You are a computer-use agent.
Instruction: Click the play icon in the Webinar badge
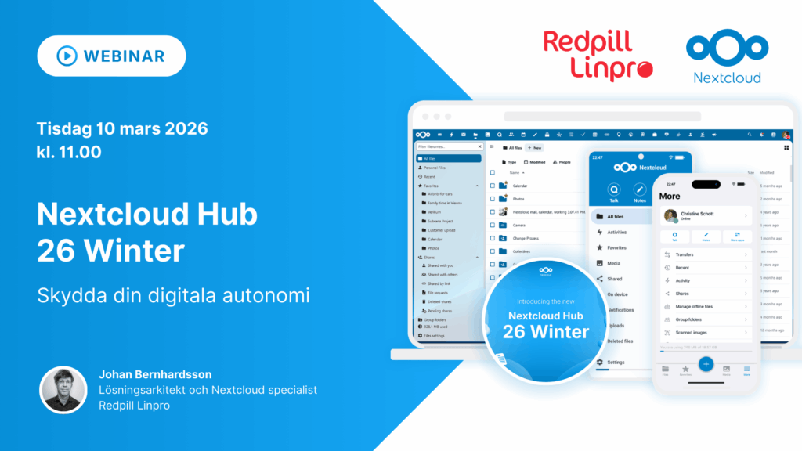point(66,56)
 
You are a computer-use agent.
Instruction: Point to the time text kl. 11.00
point(69,152)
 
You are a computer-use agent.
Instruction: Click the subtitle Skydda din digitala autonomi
point(174,297)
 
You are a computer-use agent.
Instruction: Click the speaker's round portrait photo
point(63,389)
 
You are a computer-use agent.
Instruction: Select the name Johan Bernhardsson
point(155,374)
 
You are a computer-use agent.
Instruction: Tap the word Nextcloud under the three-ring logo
point(727,77)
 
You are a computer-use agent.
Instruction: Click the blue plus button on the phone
point(706,363)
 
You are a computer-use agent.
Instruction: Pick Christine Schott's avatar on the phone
point(670,215)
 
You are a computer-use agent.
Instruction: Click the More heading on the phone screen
point(670,196)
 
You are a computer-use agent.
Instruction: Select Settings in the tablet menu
point(616,362)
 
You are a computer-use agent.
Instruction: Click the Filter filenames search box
point(448,146)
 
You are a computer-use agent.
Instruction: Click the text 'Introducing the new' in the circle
point(546,301)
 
